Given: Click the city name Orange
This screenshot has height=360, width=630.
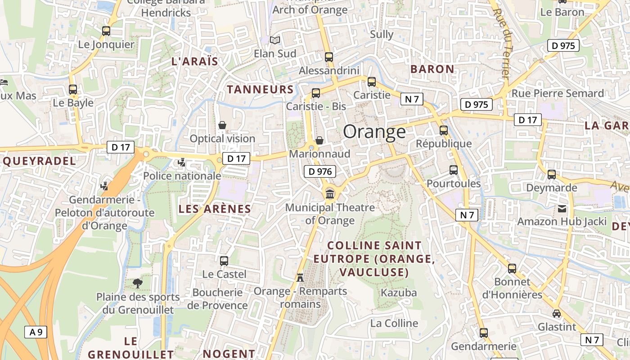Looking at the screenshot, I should [374, 131].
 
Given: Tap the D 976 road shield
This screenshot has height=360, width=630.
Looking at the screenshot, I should [320, 171].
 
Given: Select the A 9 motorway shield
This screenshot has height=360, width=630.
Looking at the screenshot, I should [36, 333].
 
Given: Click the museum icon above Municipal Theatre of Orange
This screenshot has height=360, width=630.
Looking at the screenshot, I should [330, 194].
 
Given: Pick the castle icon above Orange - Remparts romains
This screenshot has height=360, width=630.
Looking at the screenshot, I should [300, 277].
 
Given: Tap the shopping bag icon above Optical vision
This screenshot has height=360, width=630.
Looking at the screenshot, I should [222, 125].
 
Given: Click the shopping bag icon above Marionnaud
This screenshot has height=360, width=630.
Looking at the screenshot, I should [319, 140].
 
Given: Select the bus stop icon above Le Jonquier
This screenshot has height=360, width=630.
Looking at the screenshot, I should [106, 31].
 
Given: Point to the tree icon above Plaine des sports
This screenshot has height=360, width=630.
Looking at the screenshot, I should [138, 283].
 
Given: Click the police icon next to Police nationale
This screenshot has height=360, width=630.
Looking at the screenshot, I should [182, 162].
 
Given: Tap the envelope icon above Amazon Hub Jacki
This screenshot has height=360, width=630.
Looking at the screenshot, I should [562, 208].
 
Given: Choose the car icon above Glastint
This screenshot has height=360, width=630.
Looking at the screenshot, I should [557, 313].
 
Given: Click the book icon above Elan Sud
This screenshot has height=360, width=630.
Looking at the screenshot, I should [275, 40].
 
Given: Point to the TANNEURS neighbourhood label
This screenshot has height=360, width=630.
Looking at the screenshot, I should [260, 89].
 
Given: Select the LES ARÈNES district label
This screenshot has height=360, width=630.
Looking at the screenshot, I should [215, 209].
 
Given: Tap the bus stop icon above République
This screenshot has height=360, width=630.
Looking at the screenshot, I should [444, 130].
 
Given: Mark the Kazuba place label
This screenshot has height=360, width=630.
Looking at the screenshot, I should [399, 292].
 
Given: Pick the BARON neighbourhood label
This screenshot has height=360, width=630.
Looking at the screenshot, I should [432, 69].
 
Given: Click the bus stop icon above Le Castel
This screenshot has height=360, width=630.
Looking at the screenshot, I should [224, 261].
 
